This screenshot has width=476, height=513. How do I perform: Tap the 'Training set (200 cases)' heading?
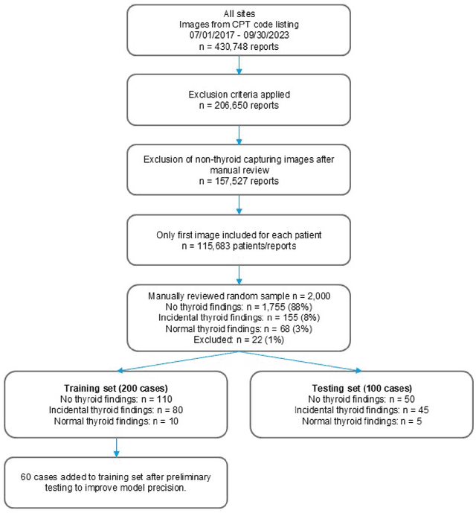point(115,388)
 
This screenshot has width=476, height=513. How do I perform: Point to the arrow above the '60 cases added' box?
point(115,451)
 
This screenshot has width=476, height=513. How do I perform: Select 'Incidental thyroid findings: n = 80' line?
point(115,410)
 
